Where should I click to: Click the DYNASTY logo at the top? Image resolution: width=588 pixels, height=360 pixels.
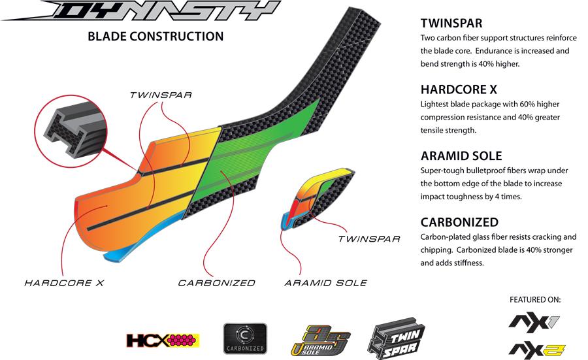coord(140,12)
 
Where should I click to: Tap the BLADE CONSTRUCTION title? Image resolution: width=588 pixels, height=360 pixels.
coord(155,37)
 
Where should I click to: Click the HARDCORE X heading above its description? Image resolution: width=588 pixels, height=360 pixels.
coord(459,90)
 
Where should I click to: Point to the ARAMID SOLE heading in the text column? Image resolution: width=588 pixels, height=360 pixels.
coord(461,155)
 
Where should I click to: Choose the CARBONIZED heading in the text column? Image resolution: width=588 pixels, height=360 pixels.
coord(459,222)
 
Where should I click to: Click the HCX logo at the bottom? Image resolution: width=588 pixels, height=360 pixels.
coord(163,340)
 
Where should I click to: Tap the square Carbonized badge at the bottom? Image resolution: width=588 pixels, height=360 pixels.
coord(245,338)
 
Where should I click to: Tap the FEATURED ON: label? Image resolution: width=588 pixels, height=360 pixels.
coord(535,300)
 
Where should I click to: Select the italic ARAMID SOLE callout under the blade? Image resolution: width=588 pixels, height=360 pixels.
coord(325,283)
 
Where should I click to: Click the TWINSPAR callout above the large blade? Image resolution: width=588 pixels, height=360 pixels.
coord(160,95)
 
